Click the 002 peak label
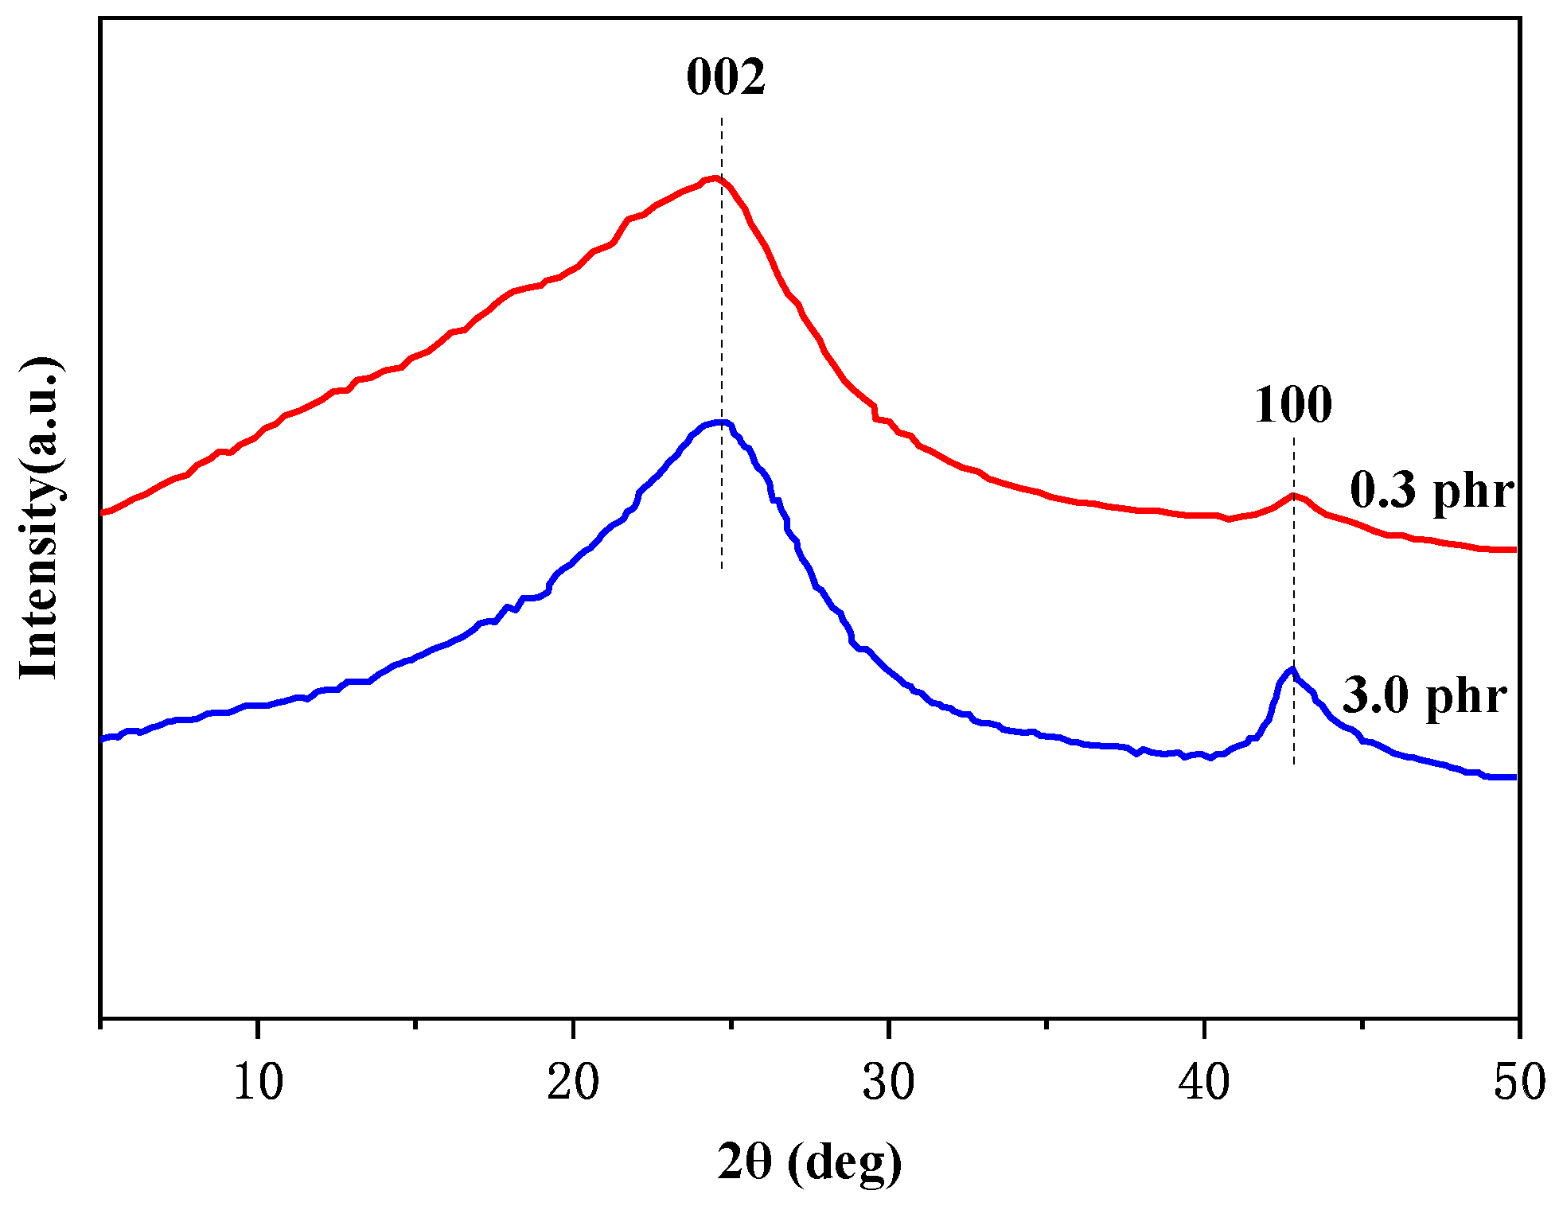click(725, 78)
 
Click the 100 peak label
click(1292, 405)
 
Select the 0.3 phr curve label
click(1431, 490)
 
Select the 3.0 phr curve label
click(1425, 696)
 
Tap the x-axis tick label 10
click(258, 1083)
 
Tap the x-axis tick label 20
click(573, 1083)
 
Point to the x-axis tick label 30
click(888, 1083)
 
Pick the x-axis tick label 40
click(1204, 1083)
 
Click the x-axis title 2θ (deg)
click(809, 1162)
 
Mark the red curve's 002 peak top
click(714, 178)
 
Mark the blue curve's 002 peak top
click(720, 422)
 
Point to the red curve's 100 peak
click(1293, 496)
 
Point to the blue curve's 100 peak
click(1293, 669)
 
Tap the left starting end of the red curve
click(103, 513)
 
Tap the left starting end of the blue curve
click(103, 740)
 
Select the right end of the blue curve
click(1514, 776)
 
